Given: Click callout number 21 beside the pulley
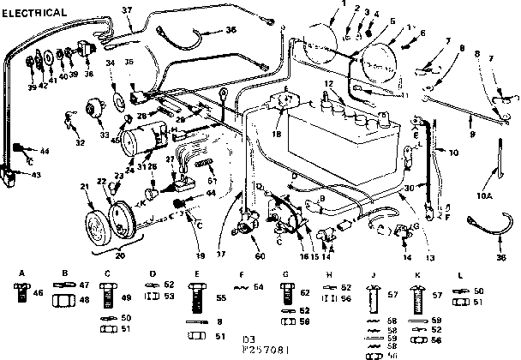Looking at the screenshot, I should pyautogui.click(x=85, y=187).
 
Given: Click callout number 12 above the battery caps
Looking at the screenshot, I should pyautogui.click(x=327, y=82).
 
